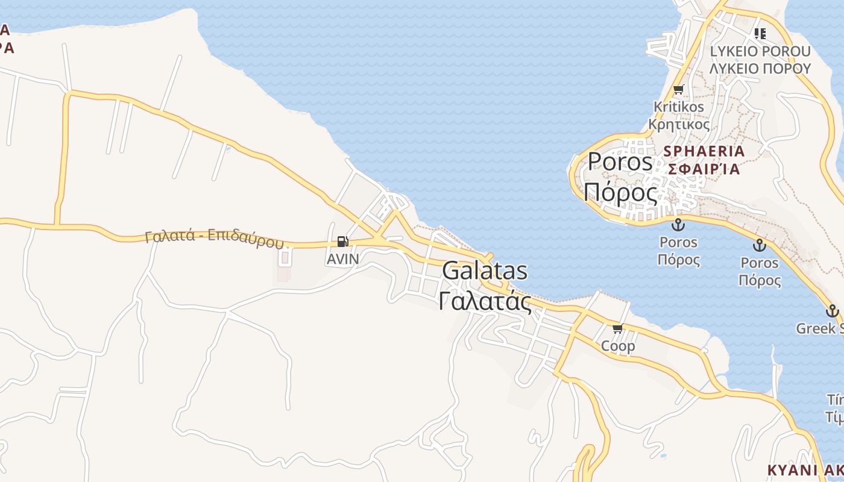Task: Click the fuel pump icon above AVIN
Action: tap(342, 242)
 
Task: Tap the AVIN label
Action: tap(342, 259)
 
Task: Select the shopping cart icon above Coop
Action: tap(617, 329)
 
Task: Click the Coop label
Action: tap(618, 346)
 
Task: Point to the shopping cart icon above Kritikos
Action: tap(679, 90)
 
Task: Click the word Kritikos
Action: tap(679, 107)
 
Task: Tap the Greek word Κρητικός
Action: tap(679, 124)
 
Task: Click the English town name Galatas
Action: tap(485, 271)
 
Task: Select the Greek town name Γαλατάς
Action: tap(485, 301)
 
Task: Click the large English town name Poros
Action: tap(620, 161)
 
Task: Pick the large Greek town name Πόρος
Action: tap(620, 193)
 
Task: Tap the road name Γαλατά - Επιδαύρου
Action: tap(214, 239)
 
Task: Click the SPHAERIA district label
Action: tap(704, 151)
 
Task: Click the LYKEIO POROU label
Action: tap(760, 51)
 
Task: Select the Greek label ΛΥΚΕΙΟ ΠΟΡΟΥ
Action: tap(760, 68)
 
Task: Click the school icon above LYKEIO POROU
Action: tap(760, 34)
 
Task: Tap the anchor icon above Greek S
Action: tap(833, 311)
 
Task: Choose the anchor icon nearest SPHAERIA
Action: tap(679, 225)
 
